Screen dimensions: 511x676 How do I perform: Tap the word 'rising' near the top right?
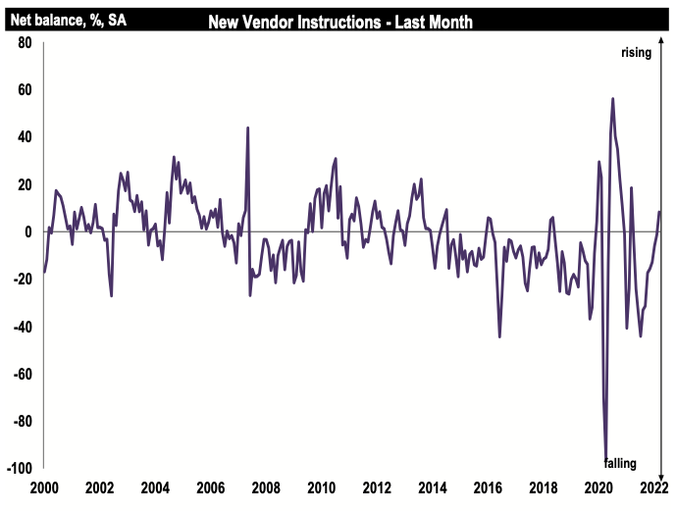click(x=636, y=52)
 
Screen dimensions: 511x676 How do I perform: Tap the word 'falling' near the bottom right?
click(x=621, y=462)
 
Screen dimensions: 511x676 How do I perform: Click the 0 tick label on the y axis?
click(x=29, y=232)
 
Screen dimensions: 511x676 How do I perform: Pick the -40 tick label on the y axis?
click(x=22, y=327)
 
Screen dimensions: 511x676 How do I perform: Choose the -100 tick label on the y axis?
click(x=19, y=469)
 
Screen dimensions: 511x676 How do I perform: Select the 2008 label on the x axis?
click(x=267, y=487)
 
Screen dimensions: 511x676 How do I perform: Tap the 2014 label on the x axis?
click(x=434, y=487)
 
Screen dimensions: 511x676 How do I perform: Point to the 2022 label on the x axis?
click(x=655, y=487)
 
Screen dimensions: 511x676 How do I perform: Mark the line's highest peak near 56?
click(x=612, y=98)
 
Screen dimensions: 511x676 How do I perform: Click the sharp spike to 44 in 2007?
click(x=247, y=128)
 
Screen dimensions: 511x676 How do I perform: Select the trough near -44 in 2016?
click(x=499, y=336)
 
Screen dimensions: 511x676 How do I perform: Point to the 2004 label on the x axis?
click(x=155, y=487)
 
